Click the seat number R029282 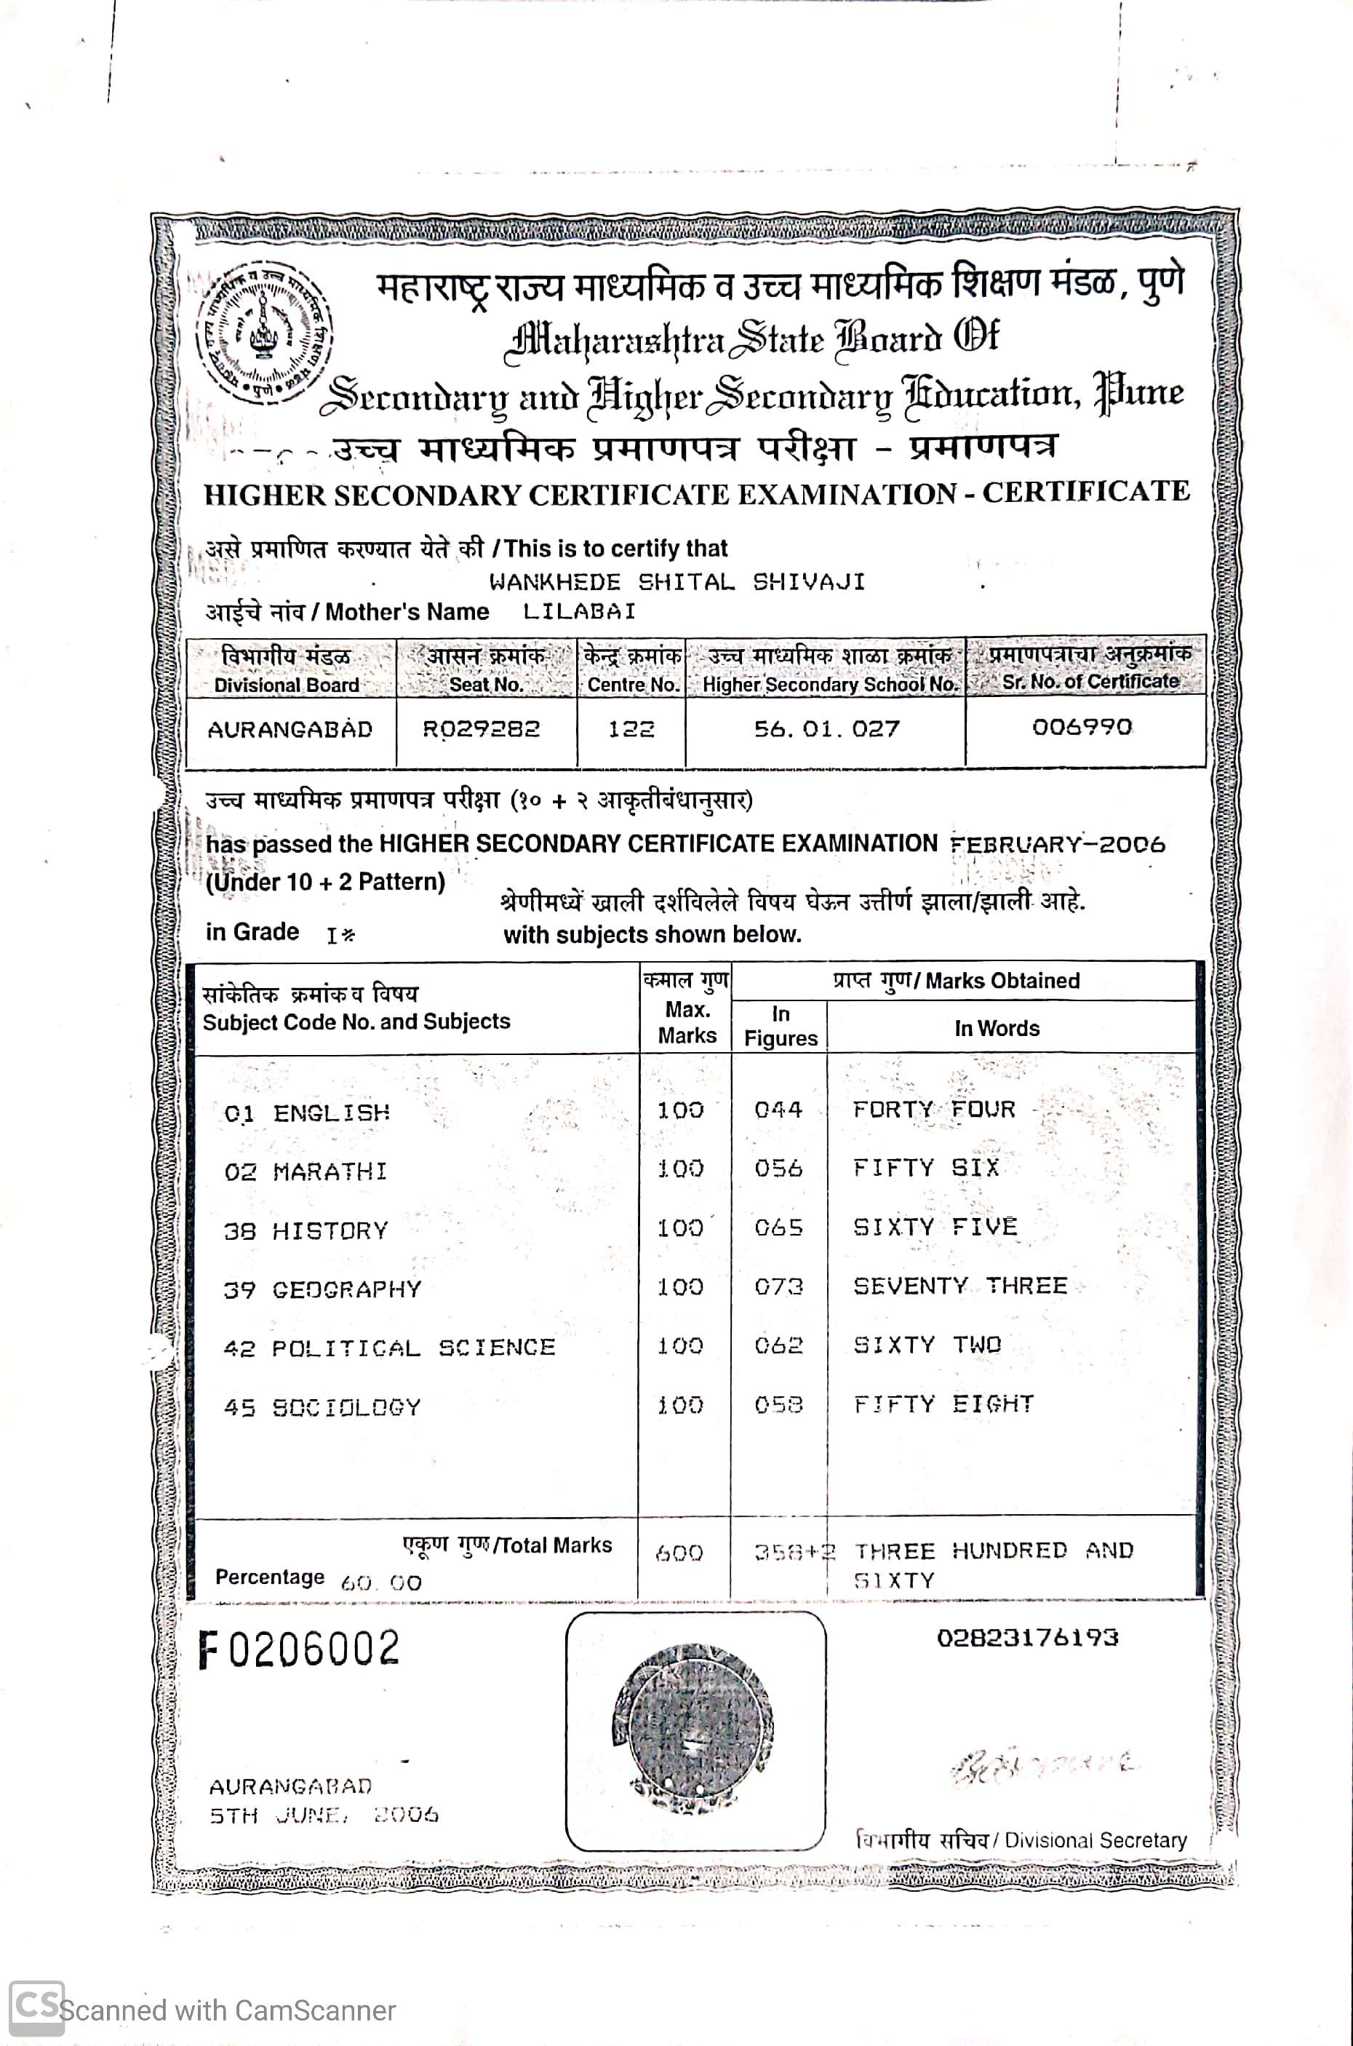pyautogui.click(x=481, y=729)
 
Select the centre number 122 pyautogui.click(x=631, y=729)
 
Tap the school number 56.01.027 pyautogui.click(x=826, y=729)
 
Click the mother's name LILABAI pyautogui.click(x=579, y=612)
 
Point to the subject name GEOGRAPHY pyautogui.click(x=347, y=1290)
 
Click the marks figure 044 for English pyautogui.click(x=778, y=1110)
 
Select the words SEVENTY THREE pyautogui.click(x=959, y=1286)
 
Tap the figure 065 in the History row pyautogui.click(x=778, y=1227)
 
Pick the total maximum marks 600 pyautogui.click(x=679, y=1554)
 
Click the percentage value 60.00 pyautogui.click(x=380, y=1583)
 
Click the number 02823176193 pyautogui.click(x=1027, y=1637)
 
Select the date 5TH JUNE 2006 pyautogui.click(x=324, y=1815)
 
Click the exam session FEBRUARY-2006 pyautogui.click(x=1057, y=844)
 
